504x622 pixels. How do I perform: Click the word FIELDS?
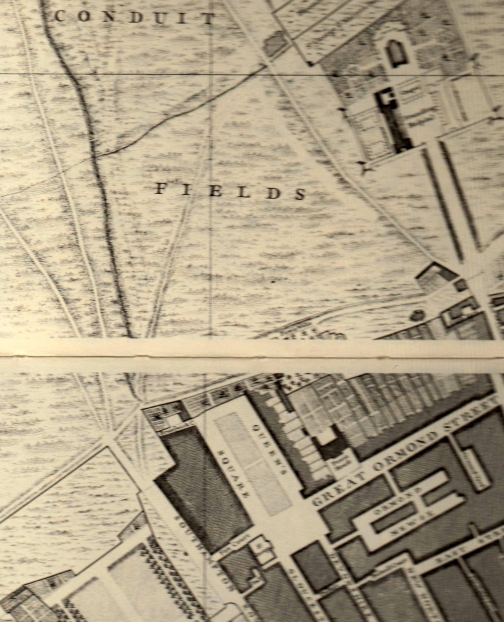230,191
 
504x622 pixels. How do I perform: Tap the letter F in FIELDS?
160,189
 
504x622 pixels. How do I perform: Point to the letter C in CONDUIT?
59,16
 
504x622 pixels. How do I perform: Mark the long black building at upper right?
396,119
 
